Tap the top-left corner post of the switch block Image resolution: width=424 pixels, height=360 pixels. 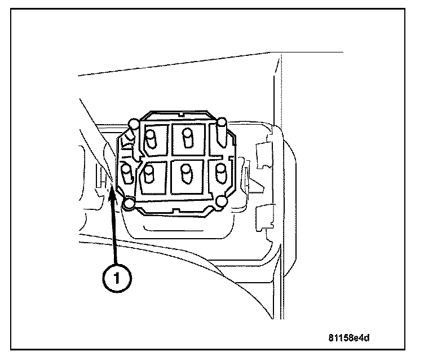tap(134, 124)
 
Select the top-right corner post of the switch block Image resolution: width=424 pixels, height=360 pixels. tap(222, 122)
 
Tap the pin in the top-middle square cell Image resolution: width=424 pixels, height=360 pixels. tap(187, 137)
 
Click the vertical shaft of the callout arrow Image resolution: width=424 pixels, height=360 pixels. tap(115, 231)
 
